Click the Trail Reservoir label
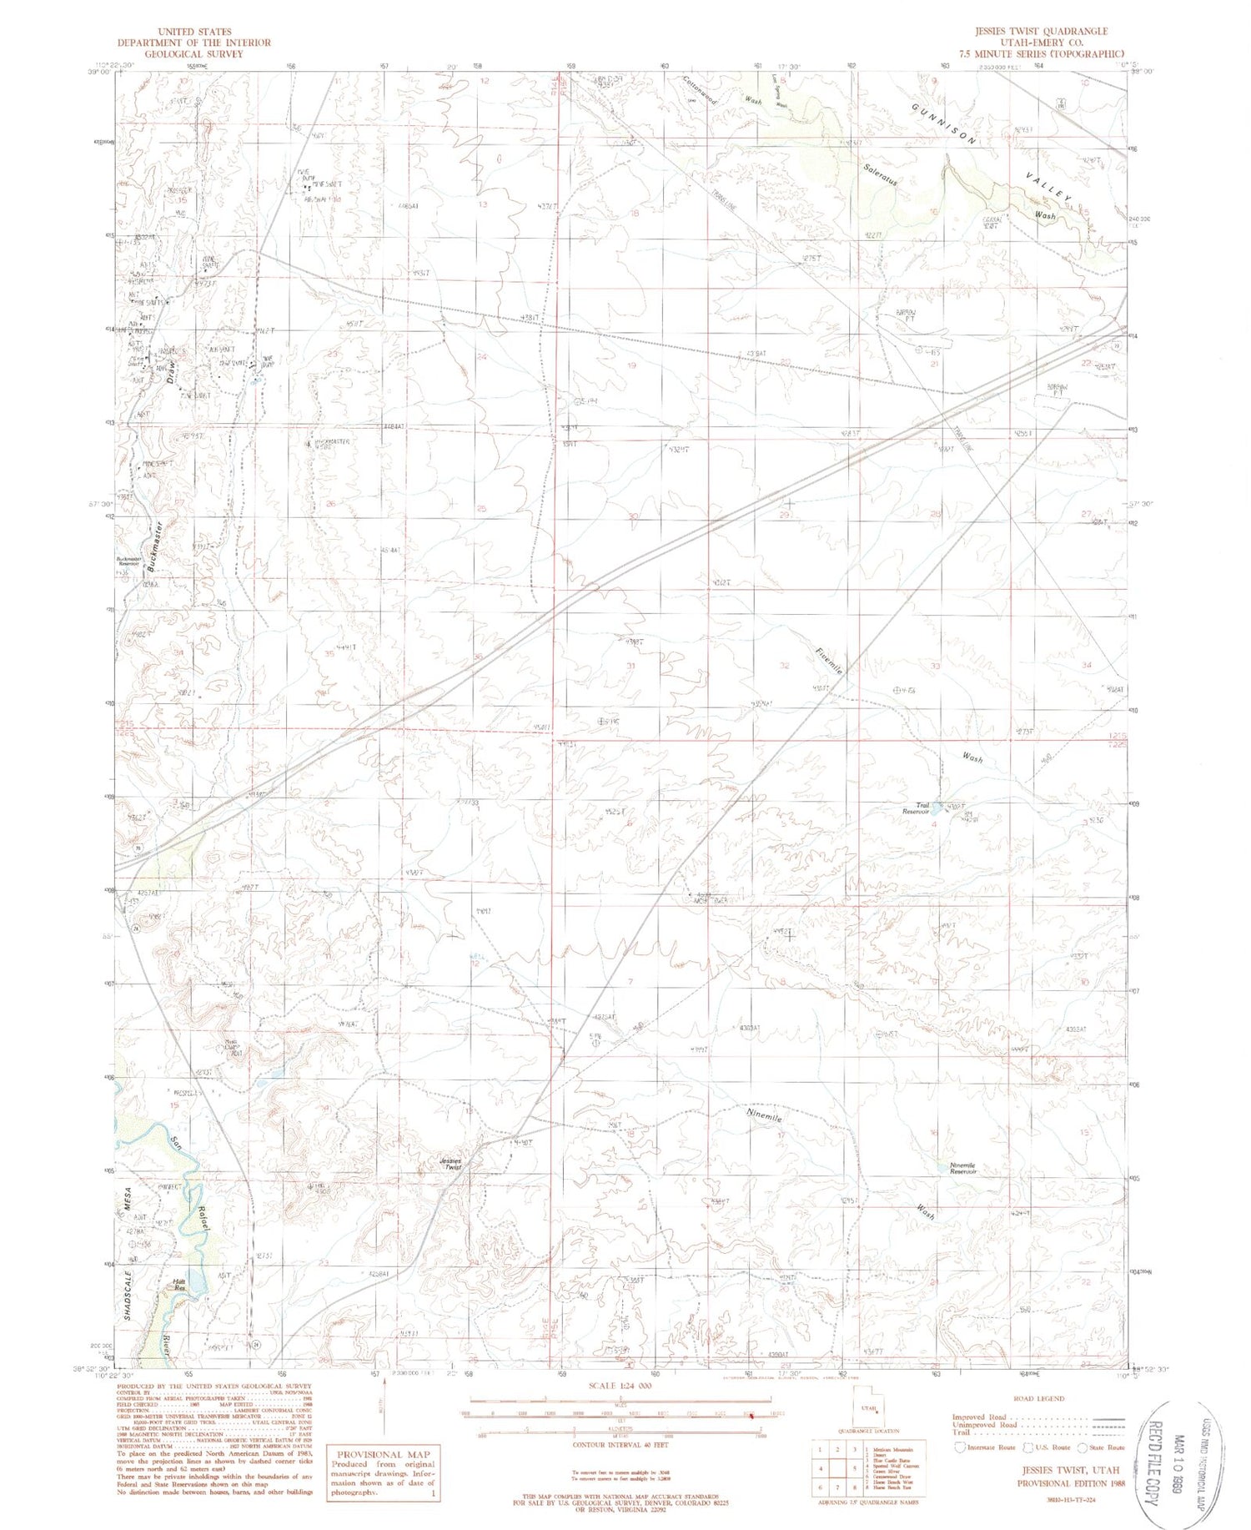(916, 808)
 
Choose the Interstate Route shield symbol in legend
(961, 1447)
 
